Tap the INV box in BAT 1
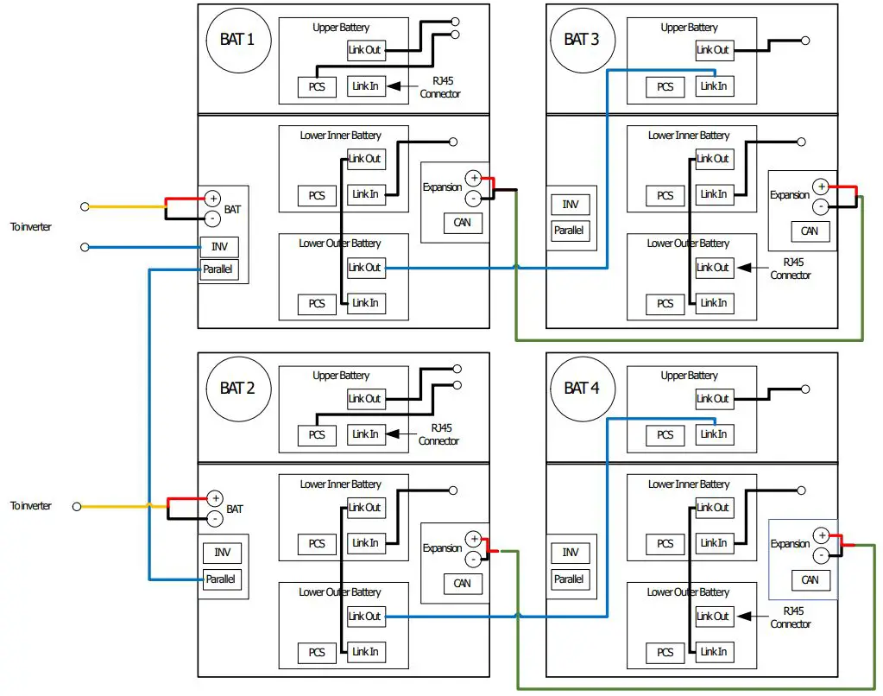click(x=218, y=247)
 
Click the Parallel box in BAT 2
click(x=221, y=579)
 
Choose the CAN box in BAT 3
click(x=809, y=231)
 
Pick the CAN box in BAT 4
click(x=809, y=579)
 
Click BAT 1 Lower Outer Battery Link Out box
click(x=364, y=268)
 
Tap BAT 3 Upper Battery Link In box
click(x=713, y=86)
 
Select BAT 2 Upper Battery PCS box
click(x=317, y=435)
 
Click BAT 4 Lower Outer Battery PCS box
click(x=665, y=652)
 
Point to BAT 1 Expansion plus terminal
click(x=473, y=179)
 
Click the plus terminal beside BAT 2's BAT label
click(x=215, y=498)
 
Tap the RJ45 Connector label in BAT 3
click(x=791, y=269)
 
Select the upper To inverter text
click(x=30, y=226)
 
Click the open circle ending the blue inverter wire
click(x=85, y=247)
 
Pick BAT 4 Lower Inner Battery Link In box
click(x=713, y=543)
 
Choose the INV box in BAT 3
click(x=570, y=205)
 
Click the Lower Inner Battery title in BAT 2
click(x=340, y=484)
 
